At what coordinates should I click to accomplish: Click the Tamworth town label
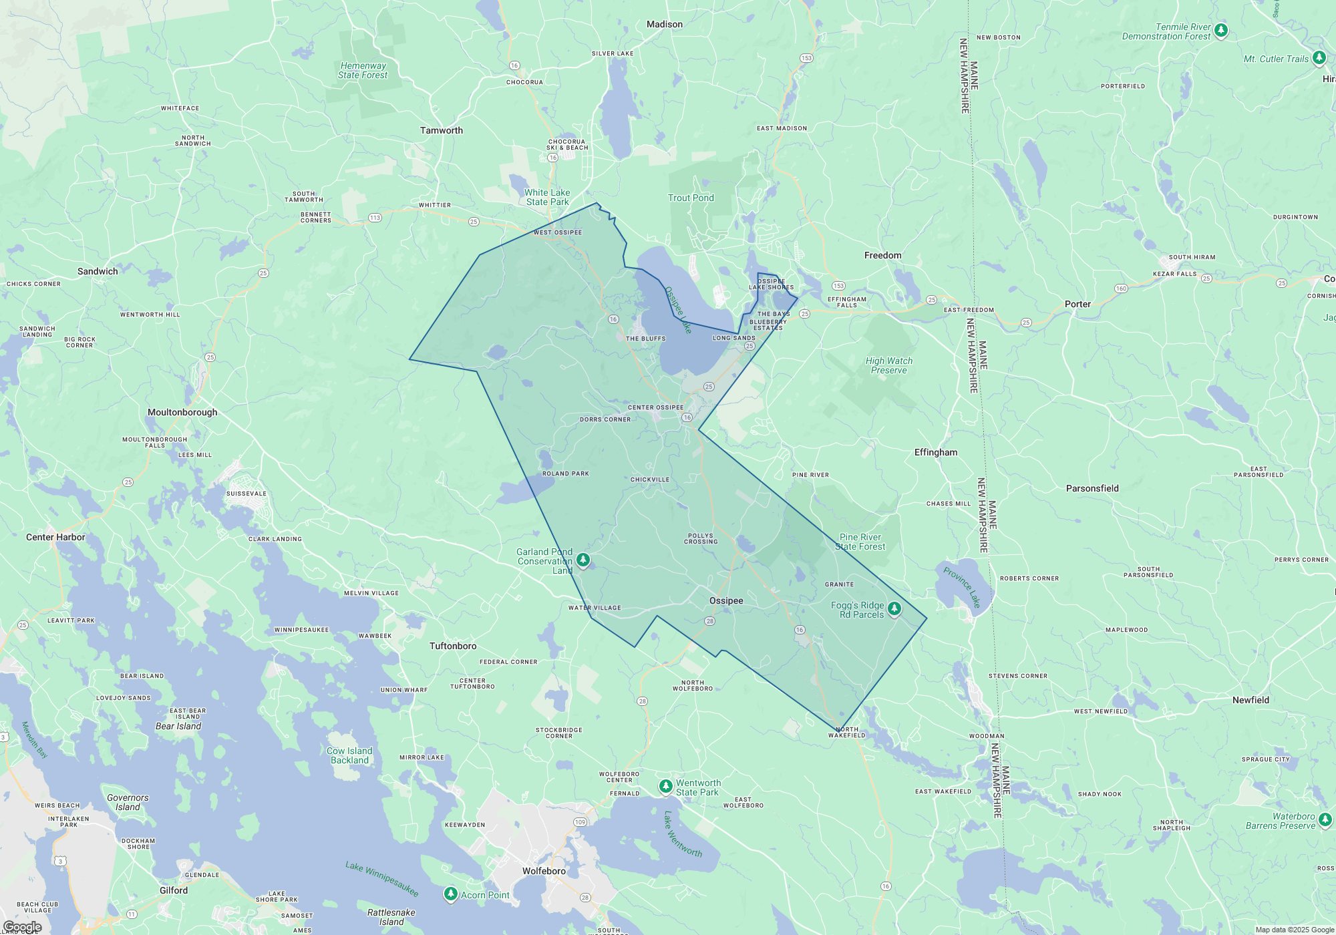[441, 130]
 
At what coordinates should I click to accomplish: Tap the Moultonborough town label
[182, 412]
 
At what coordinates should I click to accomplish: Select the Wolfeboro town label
[544, 871]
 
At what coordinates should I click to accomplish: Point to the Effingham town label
[935, 452]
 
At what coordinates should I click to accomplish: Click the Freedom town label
[882, 255]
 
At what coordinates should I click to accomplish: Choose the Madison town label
[664, 24]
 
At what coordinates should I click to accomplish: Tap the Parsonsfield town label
[1092, 488]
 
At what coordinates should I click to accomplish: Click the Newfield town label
[1250, 700]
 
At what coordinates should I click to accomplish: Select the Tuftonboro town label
[453, 646]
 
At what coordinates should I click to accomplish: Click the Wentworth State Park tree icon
[665, 786]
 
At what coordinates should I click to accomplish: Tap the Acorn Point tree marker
[451, 894]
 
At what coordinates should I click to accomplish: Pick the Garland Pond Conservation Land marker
[583, 559]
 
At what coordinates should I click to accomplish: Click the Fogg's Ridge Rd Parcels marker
[894, 608]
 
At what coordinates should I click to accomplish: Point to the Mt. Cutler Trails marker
[1319, 57]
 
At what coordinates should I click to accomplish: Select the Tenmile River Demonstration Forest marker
[1221, 30]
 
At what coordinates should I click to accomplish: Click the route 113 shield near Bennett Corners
[375, 218]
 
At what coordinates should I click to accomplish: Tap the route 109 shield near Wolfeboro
[580, 822]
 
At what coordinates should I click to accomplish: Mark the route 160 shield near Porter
[1121, 289]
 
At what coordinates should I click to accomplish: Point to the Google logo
[21, 927]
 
